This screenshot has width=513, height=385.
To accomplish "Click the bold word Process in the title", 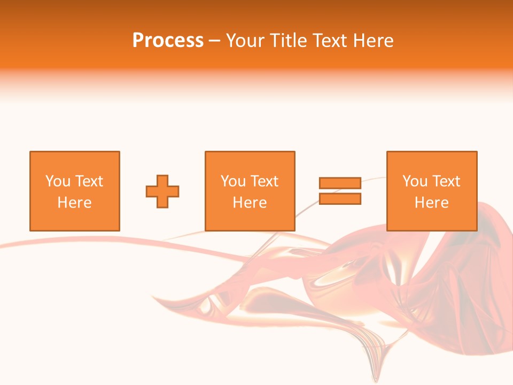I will click(x=168, y=41).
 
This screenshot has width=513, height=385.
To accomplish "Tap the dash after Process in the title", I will click(x=214, y=41).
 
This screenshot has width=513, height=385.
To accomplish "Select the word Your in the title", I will click(x=246, y=41).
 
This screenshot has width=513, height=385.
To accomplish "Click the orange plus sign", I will click(x=162, y=191).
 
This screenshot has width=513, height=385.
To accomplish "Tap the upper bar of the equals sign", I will click(x=340, y=183).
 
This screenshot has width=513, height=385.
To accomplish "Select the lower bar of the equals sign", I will click(x=340, y=198).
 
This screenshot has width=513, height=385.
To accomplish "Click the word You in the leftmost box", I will click(x=58, y=181).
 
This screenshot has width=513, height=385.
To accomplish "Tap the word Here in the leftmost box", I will click(x=74, y=203).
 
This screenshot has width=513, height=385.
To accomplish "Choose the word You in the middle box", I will click(x=233, y=181).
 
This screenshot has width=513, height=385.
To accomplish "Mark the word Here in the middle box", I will click(x=250, y=203).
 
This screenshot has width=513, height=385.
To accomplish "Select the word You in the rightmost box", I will click(x=415, y=181).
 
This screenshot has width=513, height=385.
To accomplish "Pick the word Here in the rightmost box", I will click(x=431, y=203).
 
